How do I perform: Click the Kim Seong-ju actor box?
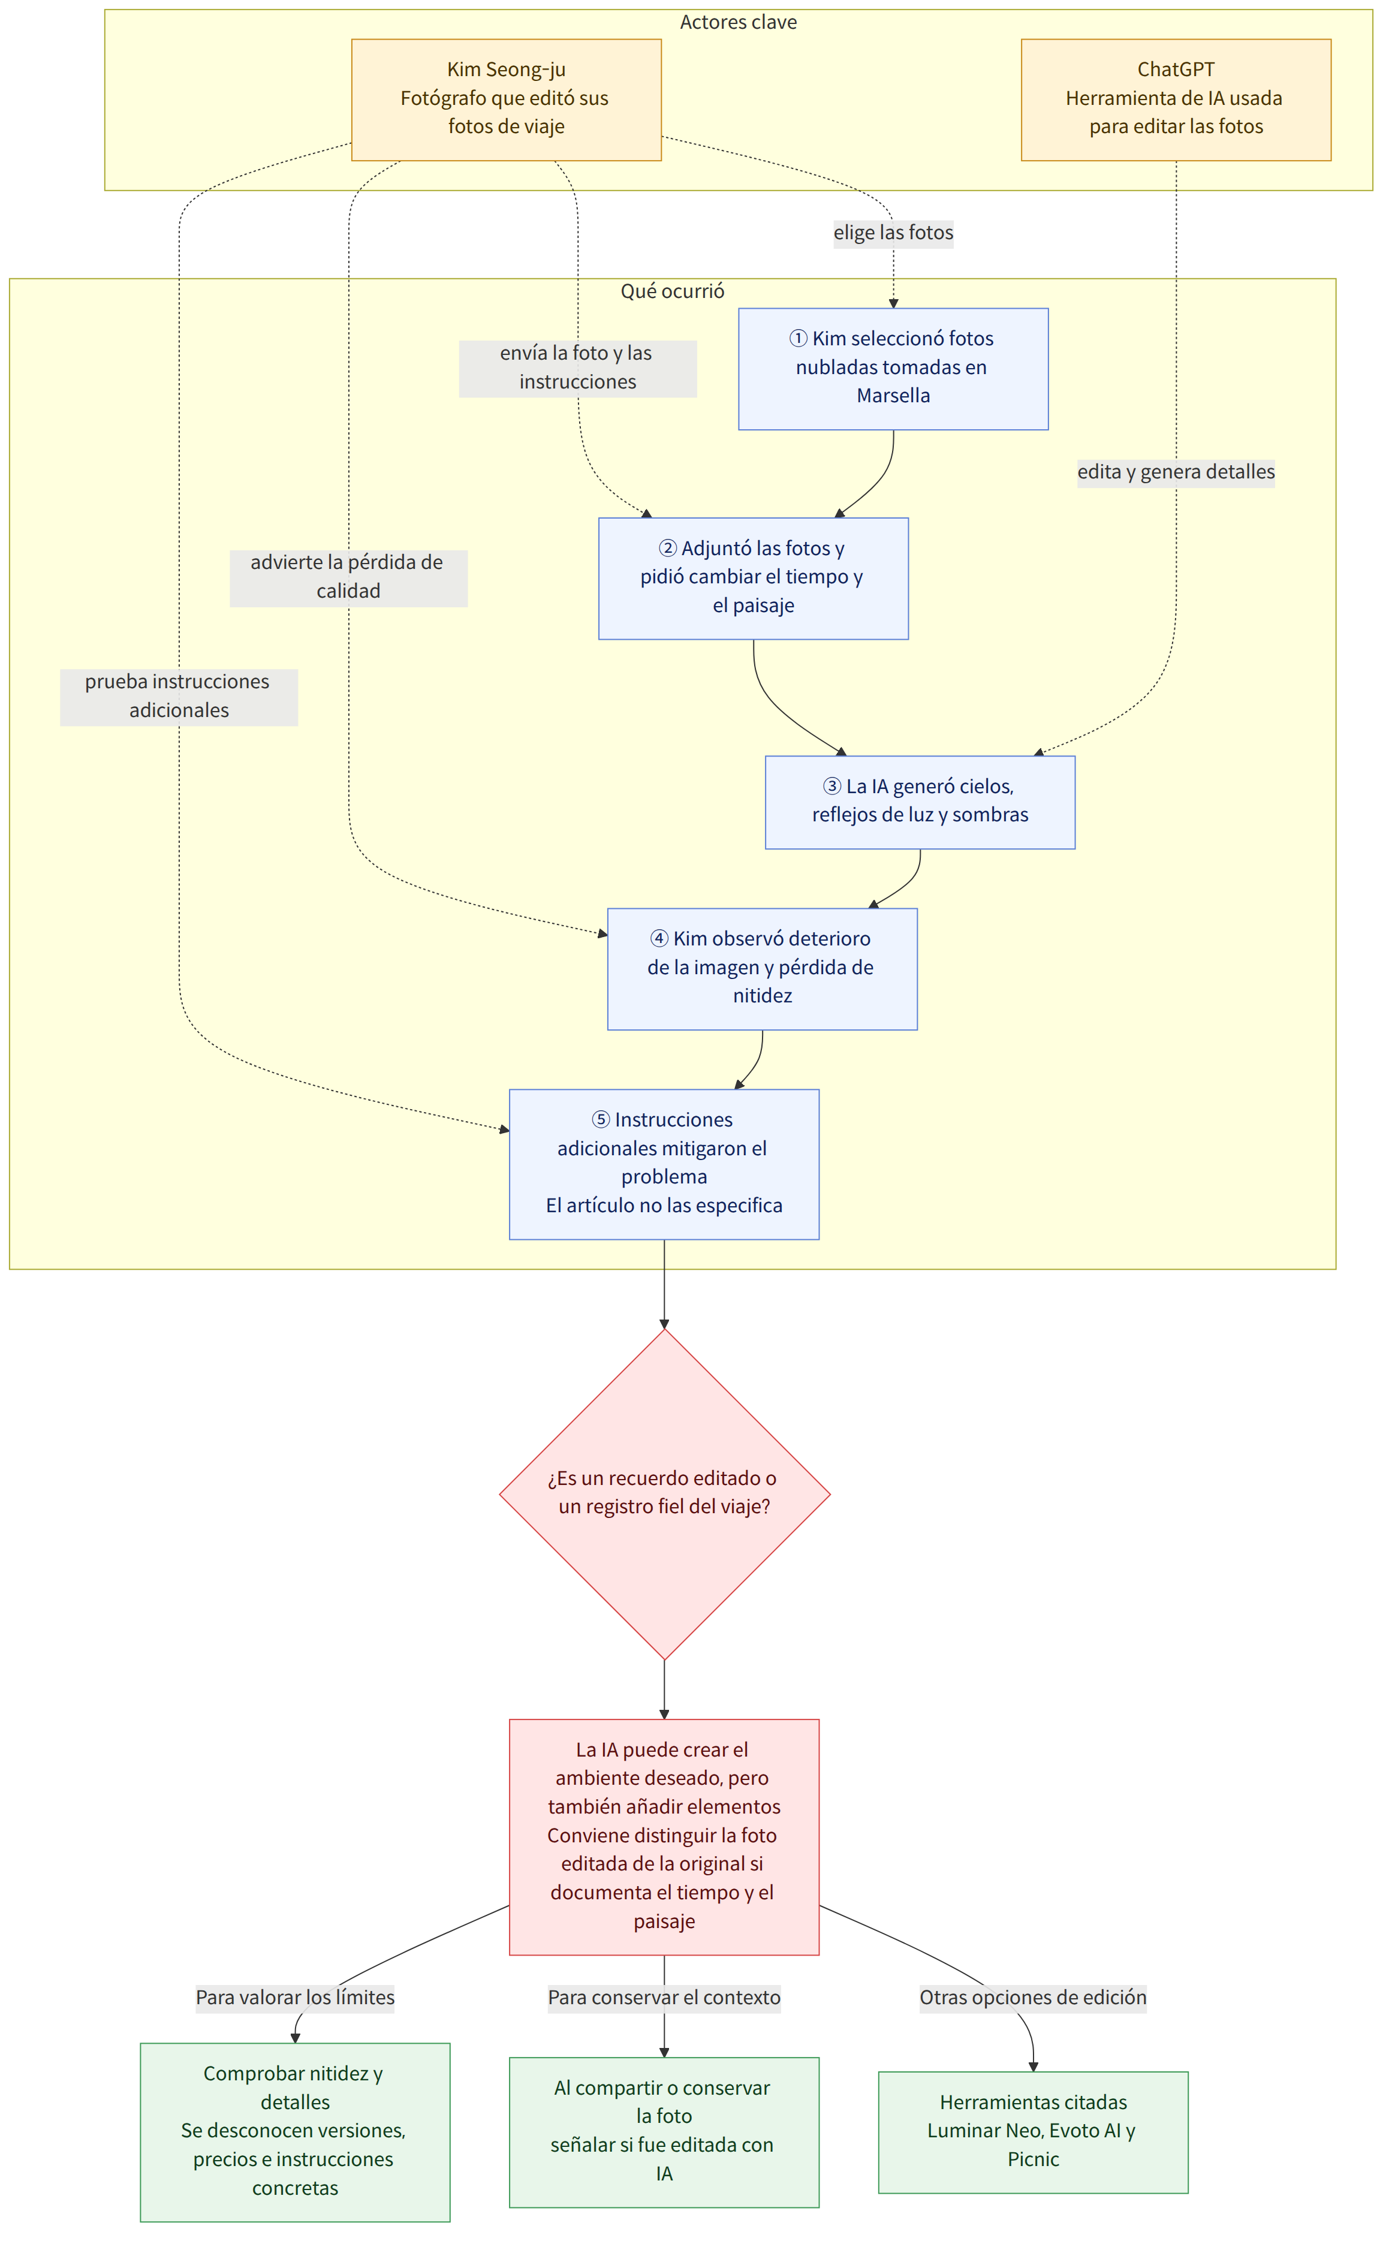[x=507, y=100]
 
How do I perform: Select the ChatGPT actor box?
[x=1176, y=100]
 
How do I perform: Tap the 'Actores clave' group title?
[x=739, y=22]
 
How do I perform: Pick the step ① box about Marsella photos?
[x=893, y=368]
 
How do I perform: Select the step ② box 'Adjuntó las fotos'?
[x=753, y=578]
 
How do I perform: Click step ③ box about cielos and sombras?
[x=920, y=802]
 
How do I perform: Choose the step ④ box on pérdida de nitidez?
[x=763, y=968]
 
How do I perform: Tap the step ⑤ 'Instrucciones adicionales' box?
[x=664, y=1164]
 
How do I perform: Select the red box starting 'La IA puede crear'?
[x=664, y=1836]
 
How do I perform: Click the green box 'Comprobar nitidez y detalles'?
[x=294, y=2132]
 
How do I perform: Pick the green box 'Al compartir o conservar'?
[x=664, y=2132]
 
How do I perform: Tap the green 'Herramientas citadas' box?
[x=1033, y=2132]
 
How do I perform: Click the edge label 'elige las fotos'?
[x=893, y=233]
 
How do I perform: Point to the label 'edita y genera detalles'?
[x=1176, y=472]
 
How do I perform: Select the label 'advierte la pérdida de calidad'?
[x=348, y=577]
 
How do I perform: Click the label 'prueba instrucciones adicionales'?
[x=179, y=696]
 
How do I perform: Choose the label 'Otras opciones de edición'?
[x=1033, y=1998]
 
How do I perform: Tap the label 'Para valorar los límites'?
[x=294, y=1998]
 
